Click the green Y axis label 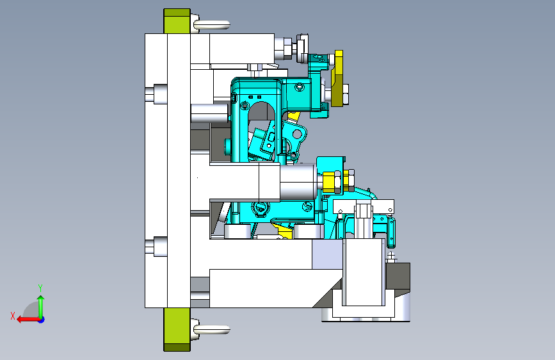(40, 288)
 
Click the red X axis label (13, 316)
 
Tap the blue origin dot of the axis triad (42, 320)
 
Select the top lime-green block (177, 21)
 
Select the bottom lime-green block (177, 329)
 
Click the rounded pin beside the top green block (212, 25)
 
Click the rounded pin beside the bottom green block (212, 330)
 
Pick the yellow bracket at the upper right (337, 78)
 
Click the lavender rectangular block (327, 254)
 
